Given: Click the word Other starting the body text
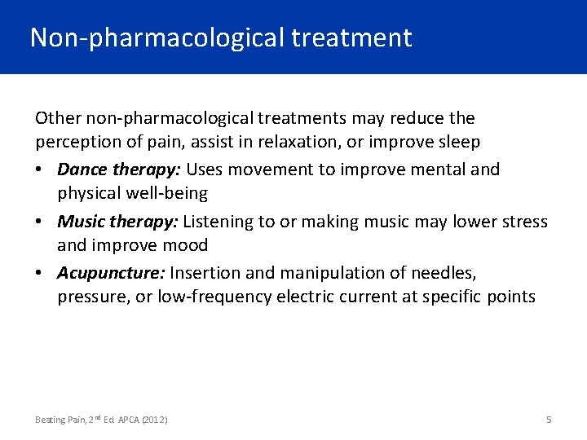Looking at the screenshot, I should coord(55,118).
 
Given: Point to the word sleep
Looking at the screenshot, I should coord(459,142).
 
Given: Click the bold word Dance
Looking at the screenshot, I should coord(79,169).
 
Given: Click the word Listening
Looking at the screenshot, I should coord(218,222).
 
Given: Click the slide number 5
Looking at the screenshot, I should coord(549,419).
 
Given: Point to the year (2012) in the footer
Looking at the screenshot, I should coord(155,420).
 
